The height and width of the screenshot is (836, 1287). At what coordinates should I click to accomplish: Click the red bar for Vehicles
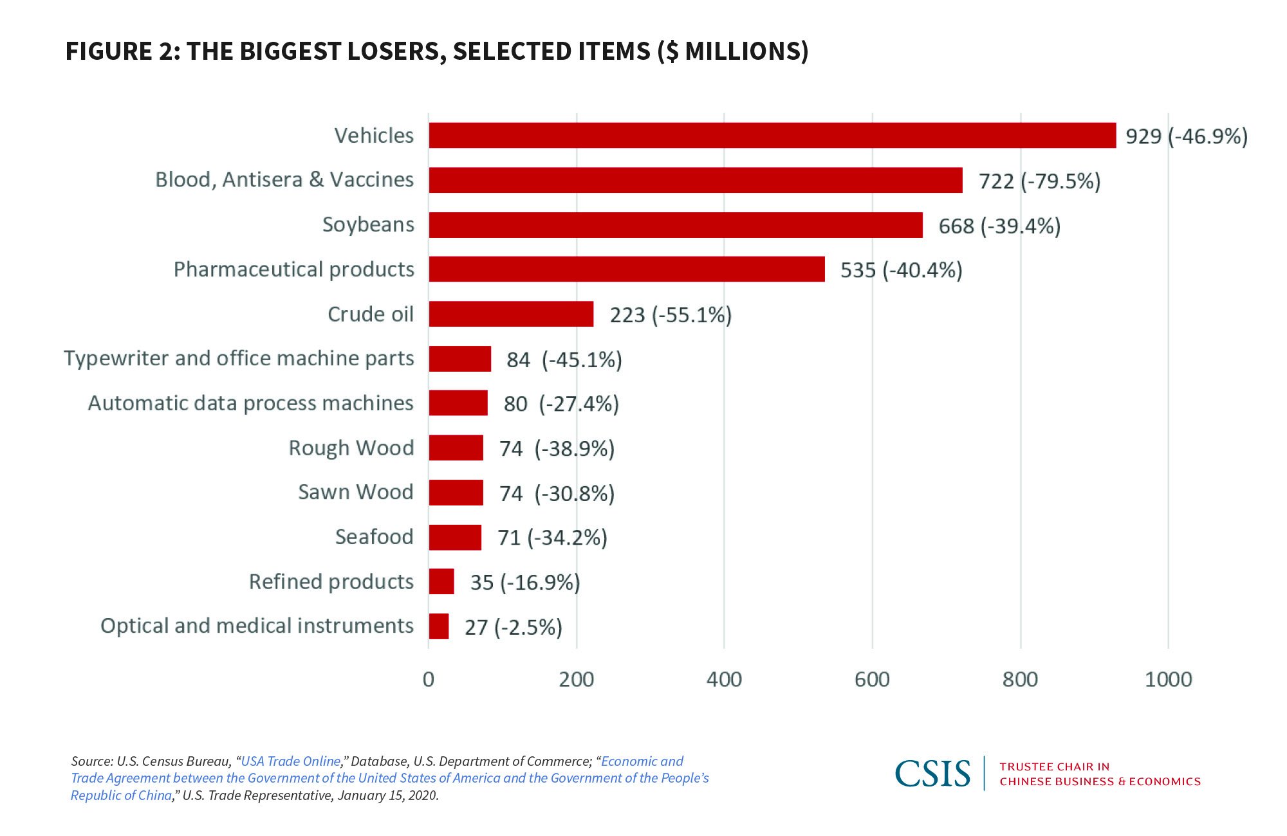pyautogui.click(x=772, y=135)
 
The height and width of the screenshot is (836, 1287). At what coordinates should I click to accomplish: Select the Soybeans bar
pyautogui.click(x=676, y=225)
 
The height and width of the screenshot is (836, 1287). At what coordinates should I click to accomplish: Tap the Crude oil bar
pyautogui.click(x=511, y=314)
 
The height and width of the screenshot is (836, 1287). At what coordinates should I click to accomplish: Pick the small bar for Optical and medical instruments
pyautogui.click(x=439, y=626)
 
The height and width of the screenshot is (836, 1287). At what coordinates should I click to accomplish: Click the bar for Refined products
pyautogui.click(x=441, y=581)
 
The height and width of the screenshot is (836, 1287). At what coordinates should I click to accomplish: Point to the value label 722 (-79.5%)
pyautogui.click(x=1039, y=181)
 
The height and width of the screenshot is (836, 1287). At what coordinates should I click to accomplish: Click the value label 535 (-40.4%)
pyautogui.click(x=901, y=270)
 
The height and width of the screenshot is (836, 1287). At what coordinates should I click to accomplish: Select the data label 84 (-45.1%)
pyautogui.click(x=564, y=359)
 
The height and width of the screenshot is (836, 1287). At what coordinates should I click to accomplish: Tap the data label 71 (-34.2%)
pyautogui.click(x=552, y=538)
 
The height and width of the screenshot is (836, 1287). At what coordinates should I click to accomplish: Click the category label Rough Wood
pyautogui.click(x=351, y=448)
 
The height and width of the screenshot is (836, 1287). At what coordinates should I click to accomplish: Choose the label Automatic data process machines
pyautogui.click(x=250, y=403)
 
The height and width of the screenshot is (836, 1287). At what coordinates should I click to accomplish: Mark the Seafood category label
pyautogui.click(x=374, y=537)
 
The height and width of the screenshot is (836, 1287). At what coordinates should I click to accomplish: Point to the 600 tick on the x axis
pyautogui.click(x=872, y=680)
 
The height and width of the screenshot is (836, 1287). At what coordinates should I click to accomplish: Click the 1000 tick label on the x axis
pyautogui.click(x=1168, y=680)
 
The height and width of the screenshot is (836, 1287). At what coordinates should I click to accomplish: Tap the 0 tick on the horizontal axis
pyautogui.click(x=429, y=680)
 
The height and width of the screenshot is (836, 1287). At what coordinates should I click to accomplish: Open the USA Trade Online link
pyautogui.click(x=290, y=761)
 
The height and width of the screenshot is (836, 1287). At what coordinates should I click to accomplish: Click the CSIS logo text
pyautogui.click(x=932, y=774)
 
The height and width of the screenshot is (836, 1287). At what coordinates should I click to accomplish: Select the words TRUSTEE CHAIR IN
pyautogui.click(x=1054, y=767)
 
